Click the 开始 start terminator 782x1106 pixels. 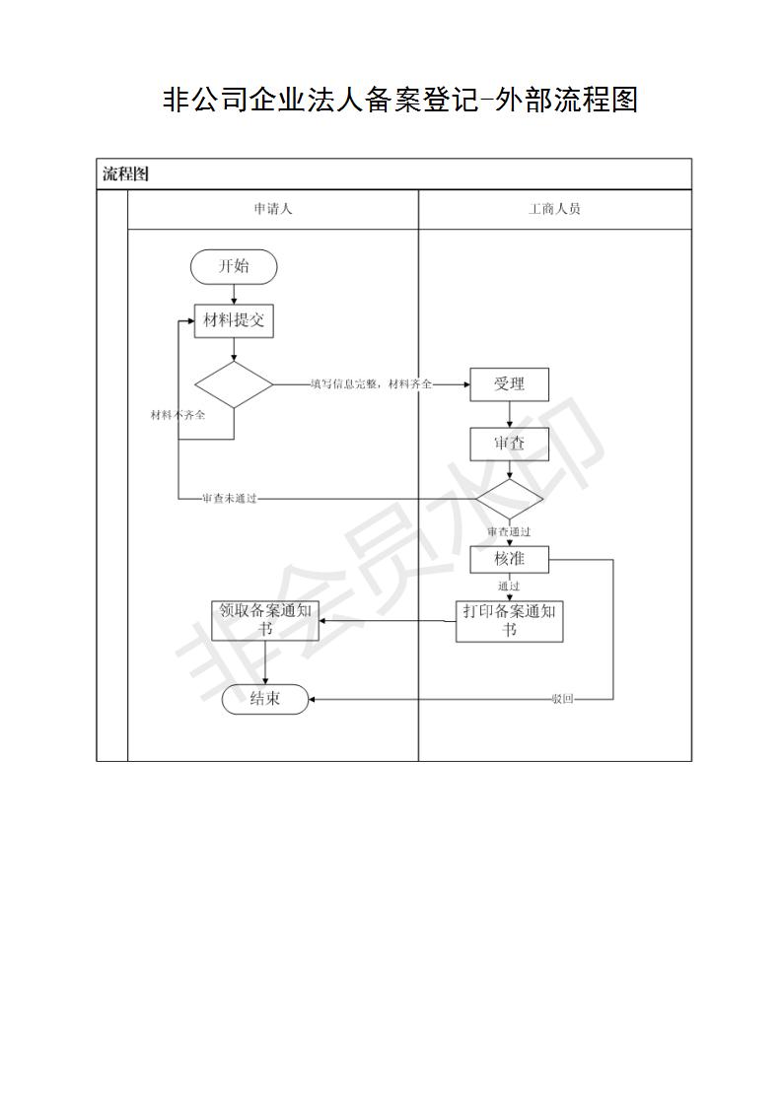[234, 266]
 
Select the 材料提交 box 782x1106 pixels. [234, 321]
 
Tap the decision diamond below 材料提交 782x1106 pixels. [234, 385]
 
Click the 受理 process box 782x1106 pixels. [509, 384]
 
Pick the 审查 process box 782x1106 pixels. [509, 444]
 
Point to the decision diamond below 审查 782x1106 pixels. [509, 500]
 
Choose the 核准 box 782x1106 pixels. [509, 559]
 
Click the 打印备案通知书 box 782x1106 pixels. [509, 621]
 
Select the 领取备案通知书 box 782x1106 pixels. [265, 621]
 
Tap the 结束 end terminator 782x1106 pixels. [265, 699]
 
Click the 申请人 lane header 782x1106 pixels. [272, 209]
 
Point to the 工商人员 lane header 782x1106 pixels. [555, 209]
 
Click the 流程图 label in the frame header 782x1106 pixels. [125, 174]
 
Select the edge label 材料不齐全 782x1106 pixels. [178, 415]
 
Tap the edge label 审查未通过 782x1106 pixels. [230, 499]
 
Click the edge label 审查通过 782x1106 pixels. [509, 532]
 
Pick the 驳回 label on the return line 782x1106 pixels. [562, 699]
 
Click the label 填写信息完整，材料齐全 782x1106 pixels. [371, 384]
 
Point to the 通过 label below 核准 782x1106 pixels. [509, 587]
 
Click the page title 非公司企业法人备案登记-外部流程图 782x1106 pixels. [400, 100]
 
